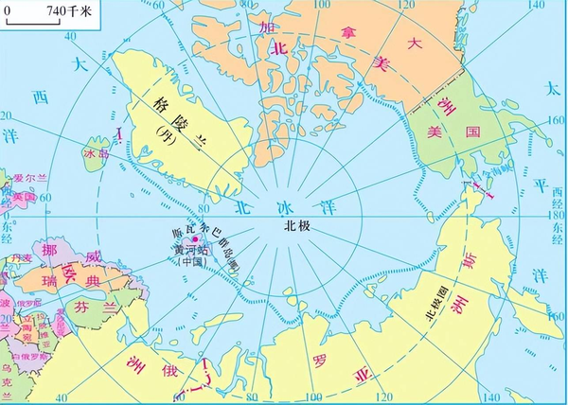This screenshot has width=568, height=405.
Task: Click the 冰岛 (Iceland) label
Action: click(x=96, y=150)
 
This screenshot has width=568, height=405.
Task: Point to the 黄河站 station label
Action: click(x=191, y=251)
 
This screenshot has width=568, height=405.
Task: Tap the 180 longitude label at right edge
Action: click(x=557, y=215)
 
